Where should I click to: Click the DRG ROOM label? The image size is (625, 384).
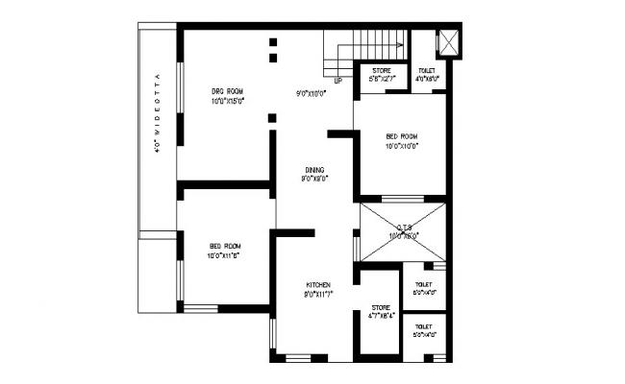(x=228, y=91)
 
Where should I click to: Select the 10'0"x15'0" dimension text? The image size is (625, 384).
(x=228, y=100)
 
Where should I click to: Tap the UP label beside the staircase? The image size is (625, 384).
(x=337, y=82)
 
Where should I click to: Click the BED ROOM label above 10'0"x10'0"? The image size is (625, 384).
(x=403, y=137)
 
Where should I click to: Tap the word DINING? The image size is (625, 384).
(x=314, y=169)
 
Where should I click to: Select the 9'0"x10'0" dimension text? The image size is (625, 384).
(x=314, y=93)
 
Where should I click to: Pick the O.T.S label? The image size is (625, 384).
(x=403, y=228)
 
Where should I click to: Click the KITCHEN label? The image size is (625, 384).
(x=318, y=285)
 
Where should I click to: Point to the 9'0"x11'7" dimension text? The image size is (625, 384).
(x=318, y=294)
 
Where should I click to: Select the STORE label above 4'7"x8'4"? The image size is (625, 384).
(x=381, y=307)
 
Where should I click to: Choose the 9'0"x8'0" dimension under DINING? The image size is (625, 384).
(x=314, y=178)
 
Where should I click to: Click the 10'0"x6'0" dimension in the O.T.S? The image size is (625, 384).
(x=403, y=235)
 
